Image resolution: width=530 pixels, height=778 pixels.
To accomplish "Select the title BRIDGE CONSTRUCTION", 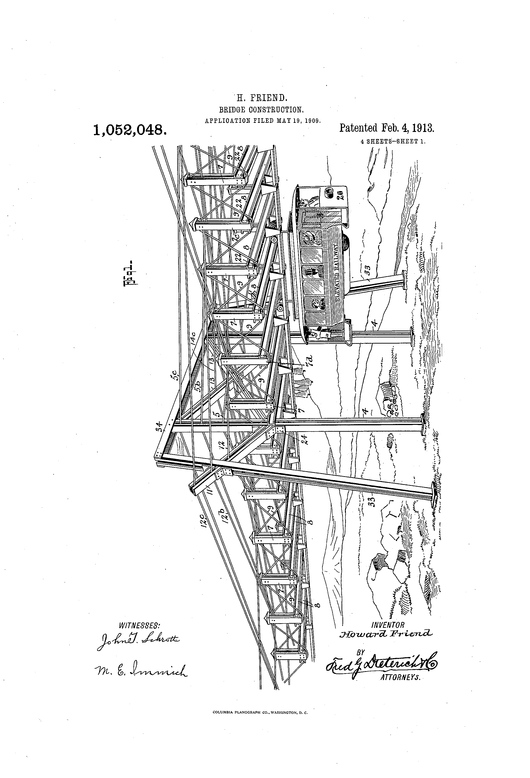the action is [x=261, y=109].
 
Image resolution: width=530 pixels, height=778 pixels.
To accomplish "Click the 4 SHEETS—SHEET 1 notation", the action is [x=393, y=141].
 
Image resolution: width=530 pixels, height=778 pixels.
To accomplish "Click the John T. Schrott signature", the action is [x=138, y=641].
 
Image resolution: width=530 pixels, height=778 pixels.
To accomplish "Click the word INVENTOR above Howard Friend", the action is [x=388, y=625].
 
